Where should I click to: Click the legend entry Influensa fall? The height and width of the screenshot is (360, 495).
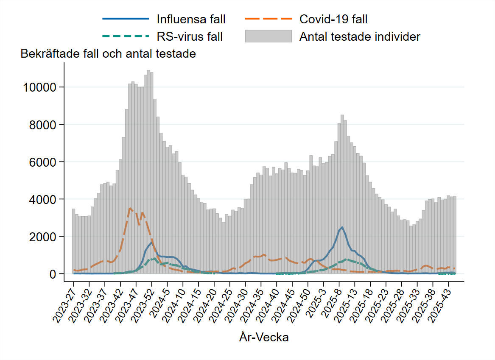pos(190,19)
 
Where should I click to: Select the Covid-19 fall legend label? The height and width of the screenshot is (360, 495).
pos(333,19)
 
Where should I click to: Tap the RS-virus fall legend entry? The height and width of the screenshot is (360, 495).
pos(189,36)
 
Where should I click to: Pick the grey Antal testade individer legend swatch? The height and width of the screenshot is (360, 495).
pos(268,36)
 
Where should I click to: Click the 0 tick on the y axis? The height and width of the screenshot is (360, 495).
pos(53,274)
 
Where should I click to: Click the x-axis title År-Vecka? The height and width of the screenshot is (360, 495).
pos(264,338)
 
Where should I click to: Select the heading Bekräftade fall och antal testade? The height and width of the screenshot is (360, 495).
pos(108,54)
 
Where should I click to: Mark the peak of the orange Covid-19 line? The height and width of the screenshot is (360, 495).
pos(130,208)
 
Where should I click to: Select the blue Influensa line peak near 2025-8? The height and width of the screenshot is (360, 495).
pos(342,227)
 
